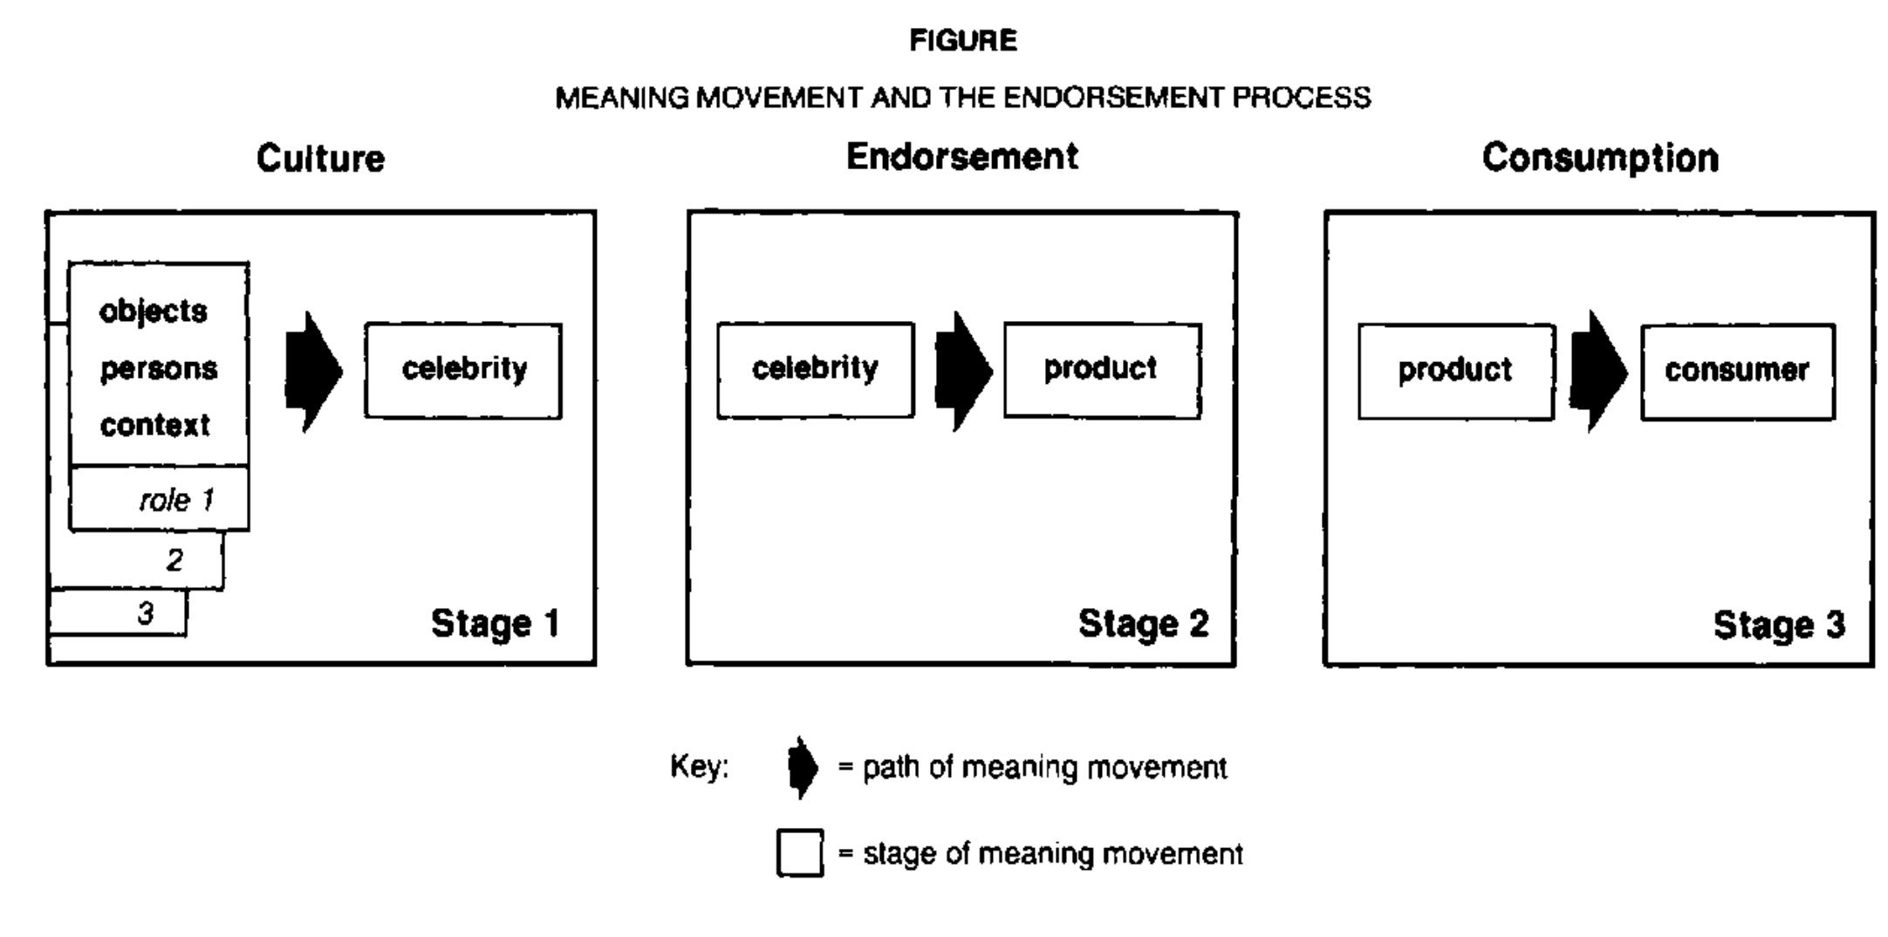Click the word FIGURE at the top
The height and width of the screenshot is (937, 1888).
tap(962, 41)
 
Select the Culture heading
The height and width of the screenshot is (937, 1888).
tap(320, 159)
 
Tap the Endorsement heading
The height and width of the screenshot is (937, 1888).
tap(961, 157)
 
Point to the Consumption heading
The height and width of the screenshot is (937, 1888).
tap(1600, 158)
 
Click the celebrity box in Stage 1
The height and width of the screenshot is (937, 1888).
tap(463, 370)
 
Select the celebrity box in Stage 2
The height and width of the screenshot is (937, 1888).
tap(815, 370)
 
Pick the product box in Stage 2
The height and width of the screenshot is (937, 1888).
tap(1102, 370)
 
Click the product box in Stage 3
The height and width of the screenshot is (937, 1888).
tap(1455, 371)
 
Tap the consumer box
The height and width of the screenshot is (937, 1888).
tap(1737, 372)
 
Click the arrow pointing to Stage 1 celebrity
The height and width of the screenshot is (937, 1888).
tap(314, 372)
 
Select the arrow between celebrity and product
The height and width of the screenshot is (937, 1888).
tap(963, 371)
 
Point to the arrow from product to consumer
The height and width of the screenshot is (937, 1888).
tap(1597, 372)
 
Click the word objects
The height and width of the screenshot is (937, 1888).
tap(154, 311)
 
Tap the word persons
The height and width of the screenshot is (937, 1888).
tap(158, 369)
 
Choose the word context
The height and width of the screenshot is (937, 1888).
tap(154, 426)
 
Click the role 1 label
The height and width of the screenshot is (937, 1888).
tap(176, 500)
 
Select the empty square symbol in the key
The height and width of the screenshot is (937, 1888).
tap(799, 853)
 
